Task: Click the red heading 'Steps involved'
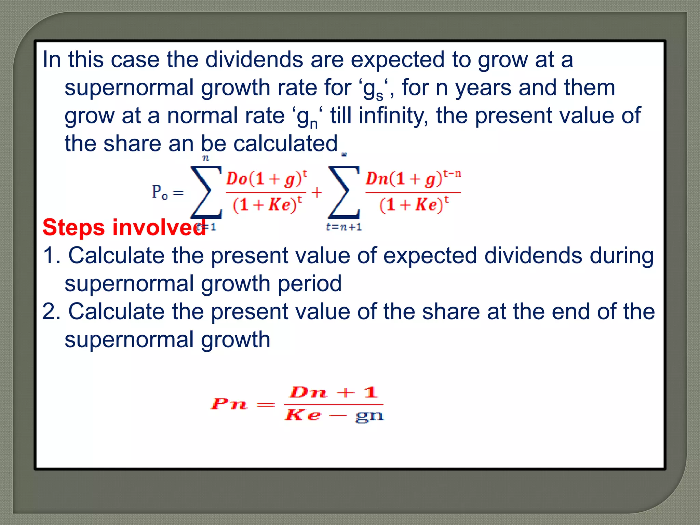(124, 228)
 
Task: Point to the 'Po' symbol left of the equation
(160, 192)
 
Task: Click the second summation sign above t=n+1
(344, 192)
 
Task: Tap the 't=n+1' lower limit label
(344, 227)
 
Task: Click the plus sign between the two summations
(317, 192)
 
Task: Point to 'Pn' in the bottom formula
(228, 404)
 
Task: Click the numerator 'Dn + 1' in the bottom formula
(333, 392)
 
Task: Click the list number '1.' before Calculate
(52, 256)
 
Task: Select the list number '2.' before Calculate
(52, 312)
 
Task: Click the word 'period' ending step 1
(309, 284)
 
